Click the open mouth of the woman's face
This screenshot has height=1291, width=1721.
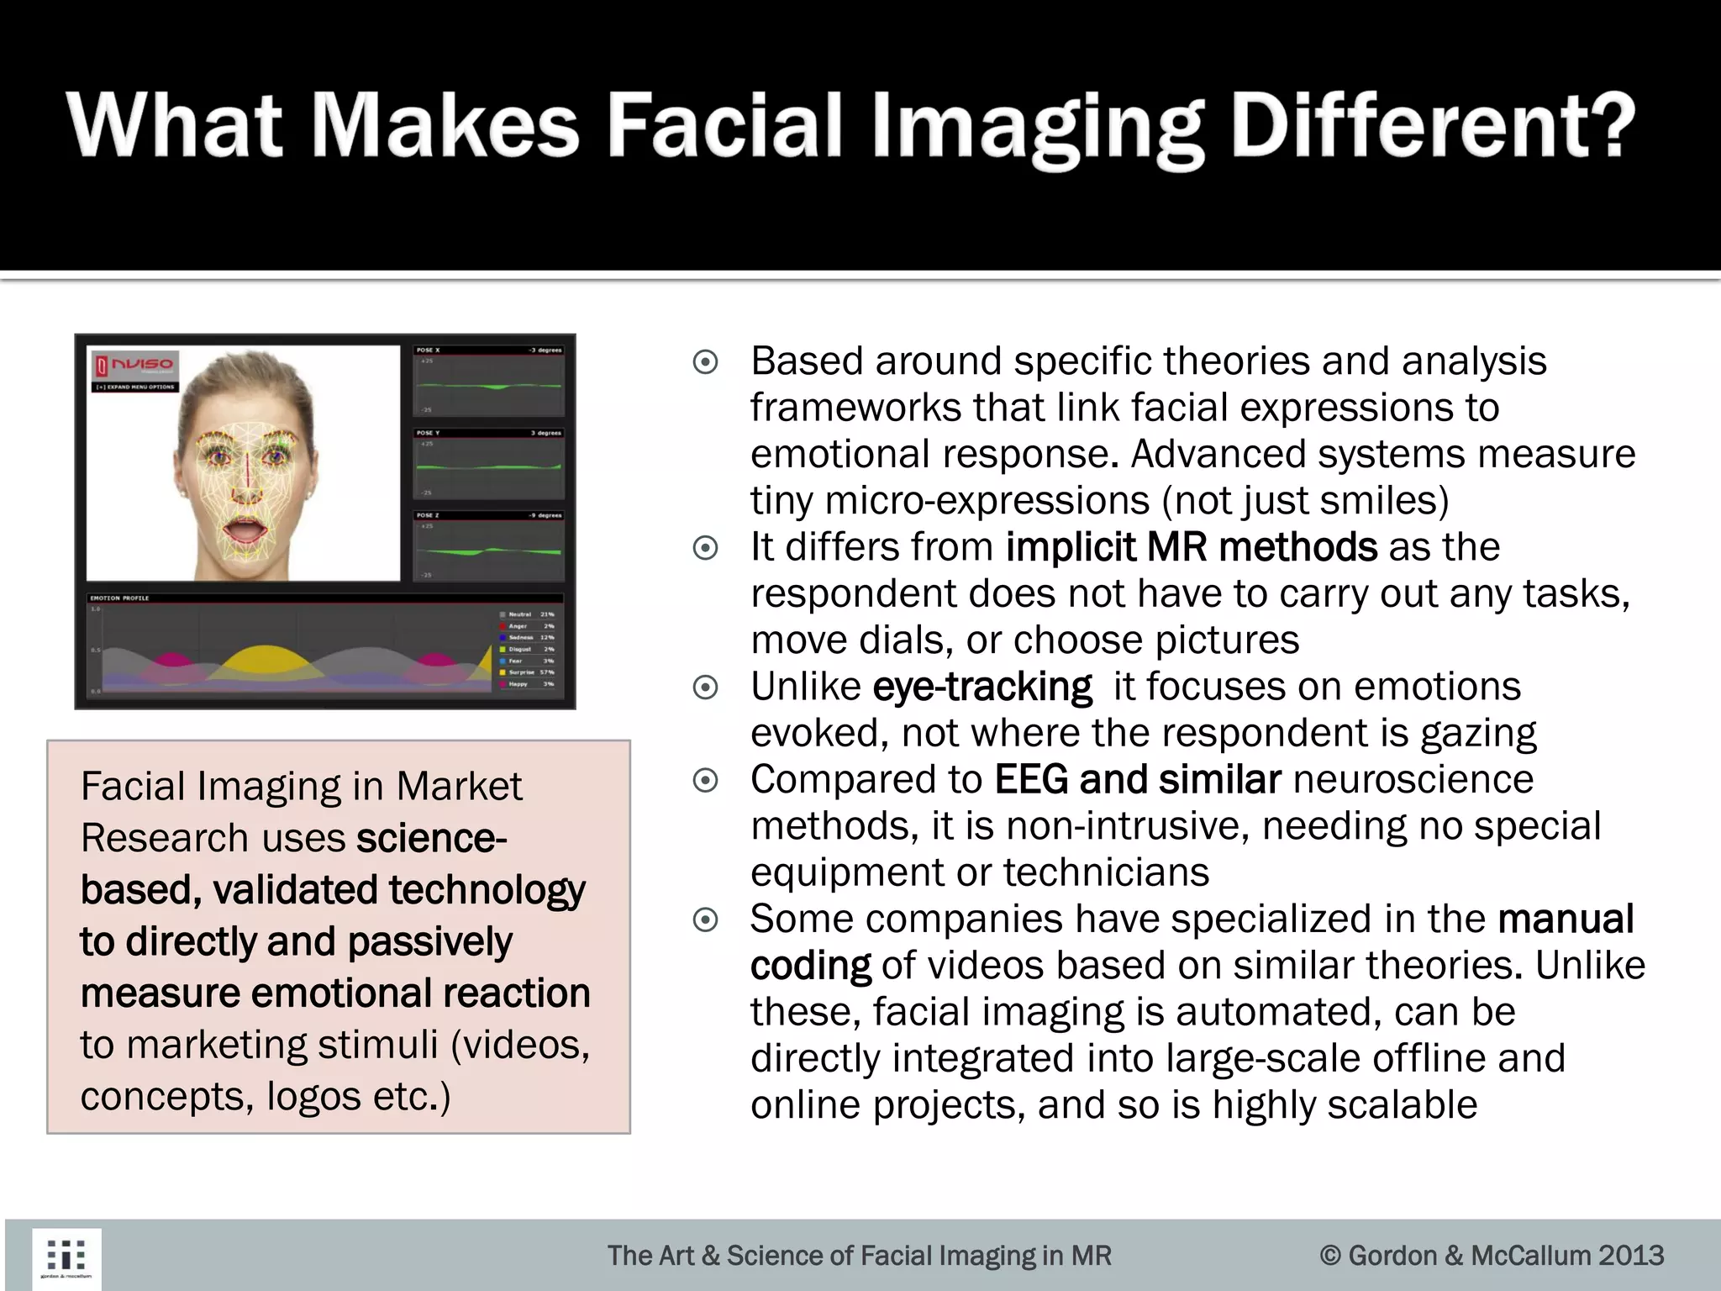pyautogui.click(x=243, y=533)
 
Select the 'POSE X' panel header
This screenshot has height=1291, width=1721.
pyautogui.click(x=429, y=350)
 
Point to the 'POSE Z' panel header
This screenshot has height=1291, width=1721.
pyautogui.click(x=429, y=515)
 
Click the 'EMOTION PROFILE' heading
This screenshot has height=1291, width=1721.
pyautogui.click(x=119, y=598)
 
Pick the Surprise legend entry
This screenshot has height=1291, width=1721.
pyautogui.click(x=522, y=672)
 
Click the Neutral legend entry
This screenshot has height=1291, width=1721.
pyautogui.click(x=520, y=614)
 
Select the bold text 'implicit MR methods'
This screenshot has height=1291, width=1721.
pyautogui.click(x=1191, y=547)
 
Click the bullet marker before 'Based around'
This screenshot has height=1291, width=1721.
pyautogui.click(x=705, y=362)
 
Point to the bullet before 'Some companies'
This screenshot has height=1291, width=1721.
pyautogui.click(x=705, y=920)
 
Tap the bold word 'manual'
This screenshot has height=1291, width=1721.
pyautogui.click(x=1566, y=919)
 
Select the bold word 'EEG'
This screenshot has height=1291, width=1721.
pyautogui.click(x=1031, y=779)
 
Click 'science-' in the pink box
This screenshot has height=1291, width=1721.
pyautogui.click(x=431, y=838)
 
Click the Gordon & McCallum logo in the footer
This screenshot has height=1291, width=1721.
pyautogui.click(x=66, y=1258)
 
